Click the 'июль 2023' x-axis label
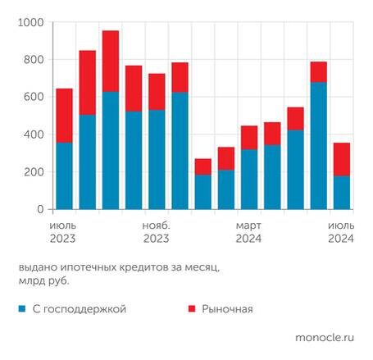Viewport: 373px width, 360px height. pos(63,231)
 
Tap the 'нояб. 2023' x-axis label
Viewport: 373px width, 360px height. pos(156,231)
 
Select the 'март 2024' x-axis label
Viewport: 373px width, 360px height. pos(249,231)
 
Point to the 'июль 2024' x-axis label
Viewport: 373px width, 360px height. pos(342,231)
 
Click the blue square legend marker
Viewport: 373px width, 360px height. pos(21,309)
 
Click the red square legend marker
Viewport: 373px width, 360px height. pos(193,309)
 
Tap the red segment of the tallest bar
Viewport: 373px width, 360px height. pos(111,62)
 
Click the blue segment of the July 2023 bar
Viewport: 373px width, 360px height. pos(64,176)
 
